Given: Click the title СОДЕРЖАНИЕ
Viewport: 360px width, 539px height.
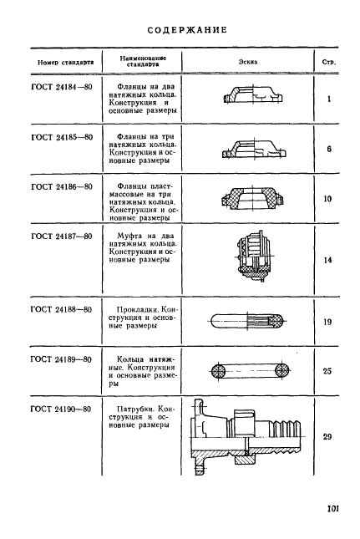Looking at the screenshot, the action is tap(187, 30).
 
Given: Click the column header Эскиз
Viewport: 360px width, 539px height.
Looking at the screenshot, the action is tap(248, 62).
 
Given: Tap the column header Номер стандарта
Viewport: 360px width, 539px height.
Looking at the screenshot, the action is tap(66, 63).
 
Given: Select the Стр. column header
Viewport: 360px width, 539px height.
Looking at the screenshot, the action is tap(329, 63).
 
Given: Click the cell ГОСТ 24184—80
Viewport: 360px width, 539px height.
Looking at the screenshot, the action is tap(62, 87).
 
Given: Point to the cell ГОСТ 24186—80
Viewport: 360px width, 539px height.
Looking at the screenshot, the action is tap(62, 187).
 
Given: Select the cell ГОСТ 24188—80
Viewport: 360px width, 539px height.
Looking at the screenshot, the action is tap(61, 309).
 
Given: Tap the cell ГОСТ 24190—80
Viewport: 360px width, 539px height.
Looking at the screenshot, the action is tap(61, 409).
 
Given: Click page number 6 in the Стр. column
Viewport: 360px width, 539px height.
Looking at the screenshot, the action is tap(329, 150).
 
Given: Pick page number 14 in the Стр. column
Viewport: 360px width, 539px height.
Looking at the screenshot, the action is tap(327, 260).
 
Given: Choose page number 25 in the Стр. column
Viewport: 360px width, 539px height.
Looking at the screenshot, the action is tap(327, 371).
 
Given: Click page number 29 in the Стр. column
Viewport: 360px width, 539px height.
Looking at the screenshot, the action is tap(327, 437).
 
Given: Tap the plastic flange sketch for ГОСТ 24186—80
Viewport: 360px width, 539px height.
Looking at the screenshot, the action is tap(251, 198).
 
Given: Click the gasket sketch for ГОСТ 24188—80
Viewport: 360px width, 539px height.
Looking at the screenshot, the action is tap(246, 322).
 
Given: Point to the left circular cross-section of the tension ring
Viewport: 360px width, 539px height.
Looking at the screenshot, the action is tap(219, 370).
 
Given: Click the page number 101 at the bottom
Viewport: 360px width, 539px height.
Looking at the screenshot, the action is tap(333, 508).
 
